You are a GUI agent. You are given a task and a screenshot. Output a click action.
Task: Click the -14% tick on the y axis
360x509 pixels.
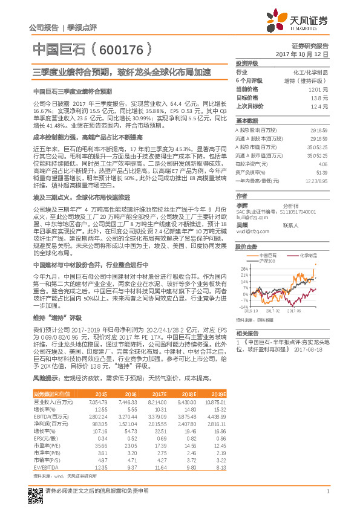coord(243,307)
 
